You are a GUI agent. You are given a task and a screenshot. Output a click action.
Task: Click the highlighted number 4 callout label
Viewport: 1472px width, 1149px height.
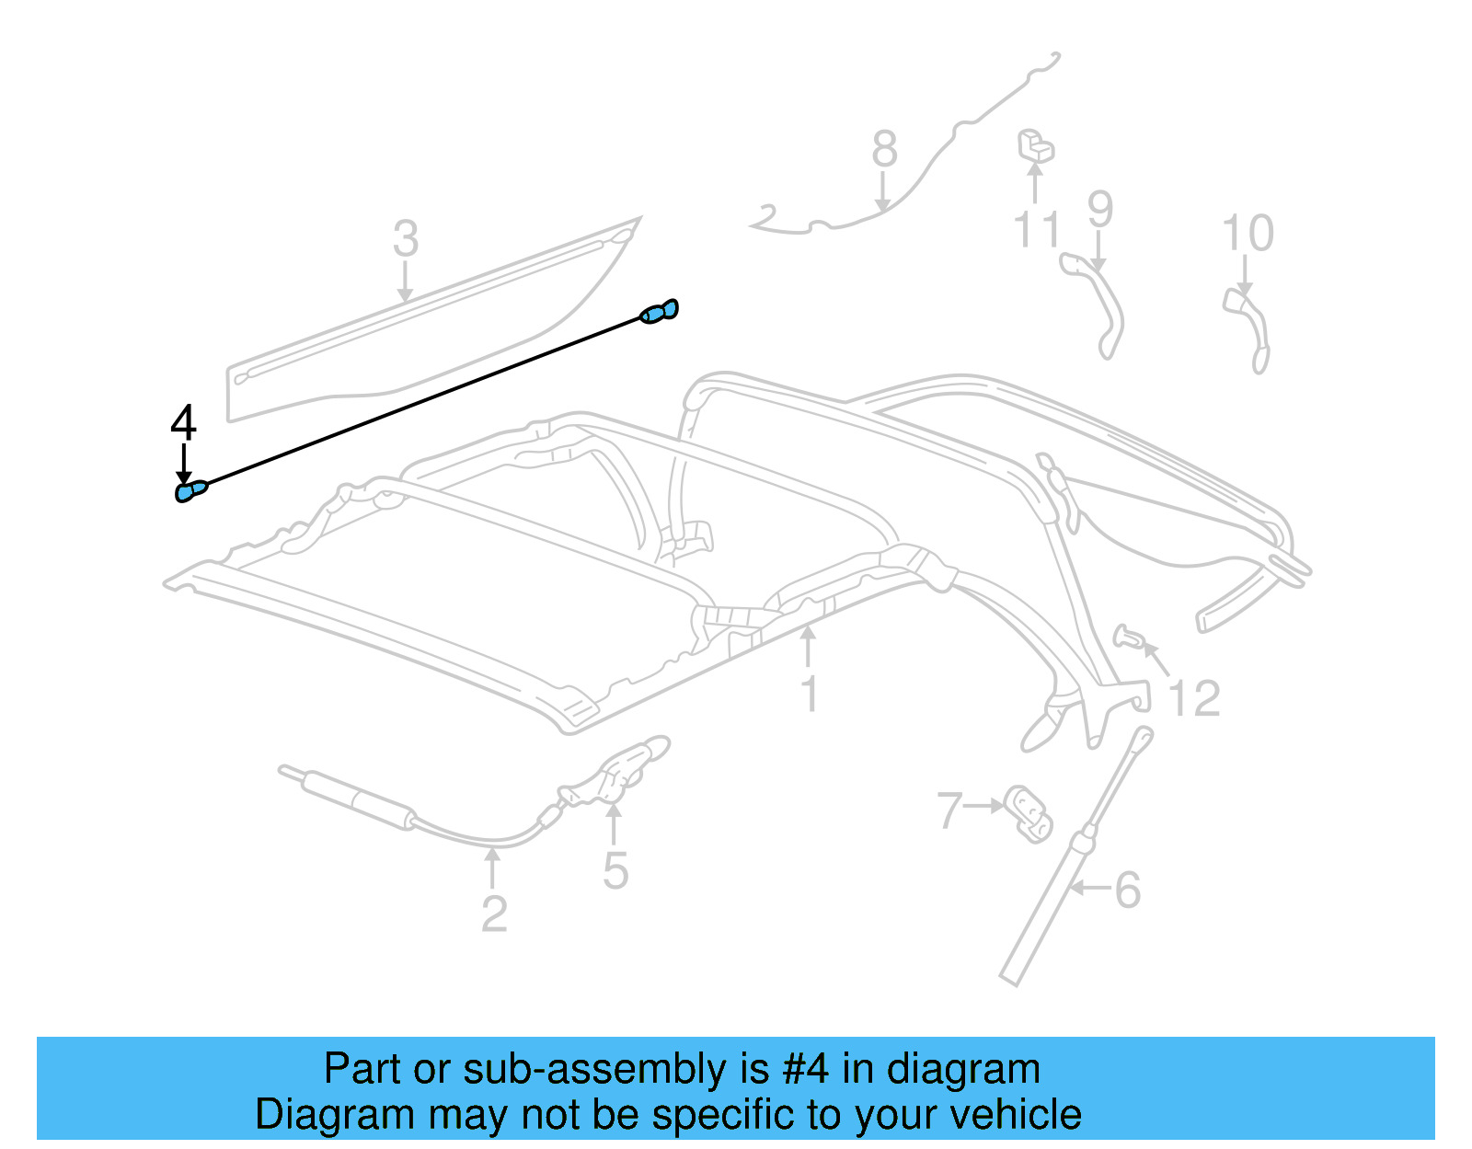pyautogui.click(x=183, y=422)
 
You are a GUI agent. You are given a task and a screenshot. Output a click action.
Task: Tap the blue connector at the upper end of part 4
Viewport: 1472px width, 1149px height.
pyautogui.click(x=659, y=311)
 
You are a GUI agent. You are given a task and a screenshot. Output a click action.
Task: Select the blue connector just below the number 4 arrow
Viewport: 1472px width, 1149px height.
pyautogui.click(x=191, y=491)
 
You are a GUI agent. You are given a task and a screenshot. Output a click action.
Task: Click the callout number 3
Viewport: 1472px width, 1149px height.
pyautogui.click(x=406, y=238)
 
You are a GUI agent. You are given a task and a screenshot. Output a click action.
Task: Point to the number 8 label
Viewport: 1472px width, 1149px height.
pyautogui.click(x=885, y=148)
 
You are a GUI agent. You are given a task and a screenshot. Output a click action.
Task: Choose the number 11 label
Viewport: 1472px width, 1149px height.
pyautogui.click(x=1037, y=230)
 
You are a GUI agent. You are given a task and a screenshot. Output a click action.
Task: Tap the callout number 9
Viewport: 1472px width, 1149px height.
pyautogui.click(x=1100, y=209)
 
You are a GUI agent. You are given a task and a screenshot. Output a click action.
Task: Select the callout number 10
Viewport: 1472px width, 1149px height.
pyautogui.click(x=1248, y=233)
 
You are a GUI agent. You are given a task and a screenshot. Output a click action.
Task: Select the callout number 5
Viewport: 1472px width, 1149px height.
pyautogui.click(x=615, y=871)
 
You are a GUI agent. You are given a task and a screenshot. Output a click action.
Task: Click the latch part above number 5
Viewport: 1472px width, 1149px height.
pyautogui.click(x=614, y=771)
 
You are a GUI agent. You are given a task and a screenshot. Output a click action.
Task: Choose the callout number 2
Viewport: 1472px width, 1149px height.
pyautogui.click(x=494, y=914)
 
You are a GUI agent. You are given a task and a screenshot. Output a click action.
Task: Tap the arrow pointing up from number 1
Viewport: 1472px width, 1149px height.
pyautogui.click(x=808, y=648)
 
